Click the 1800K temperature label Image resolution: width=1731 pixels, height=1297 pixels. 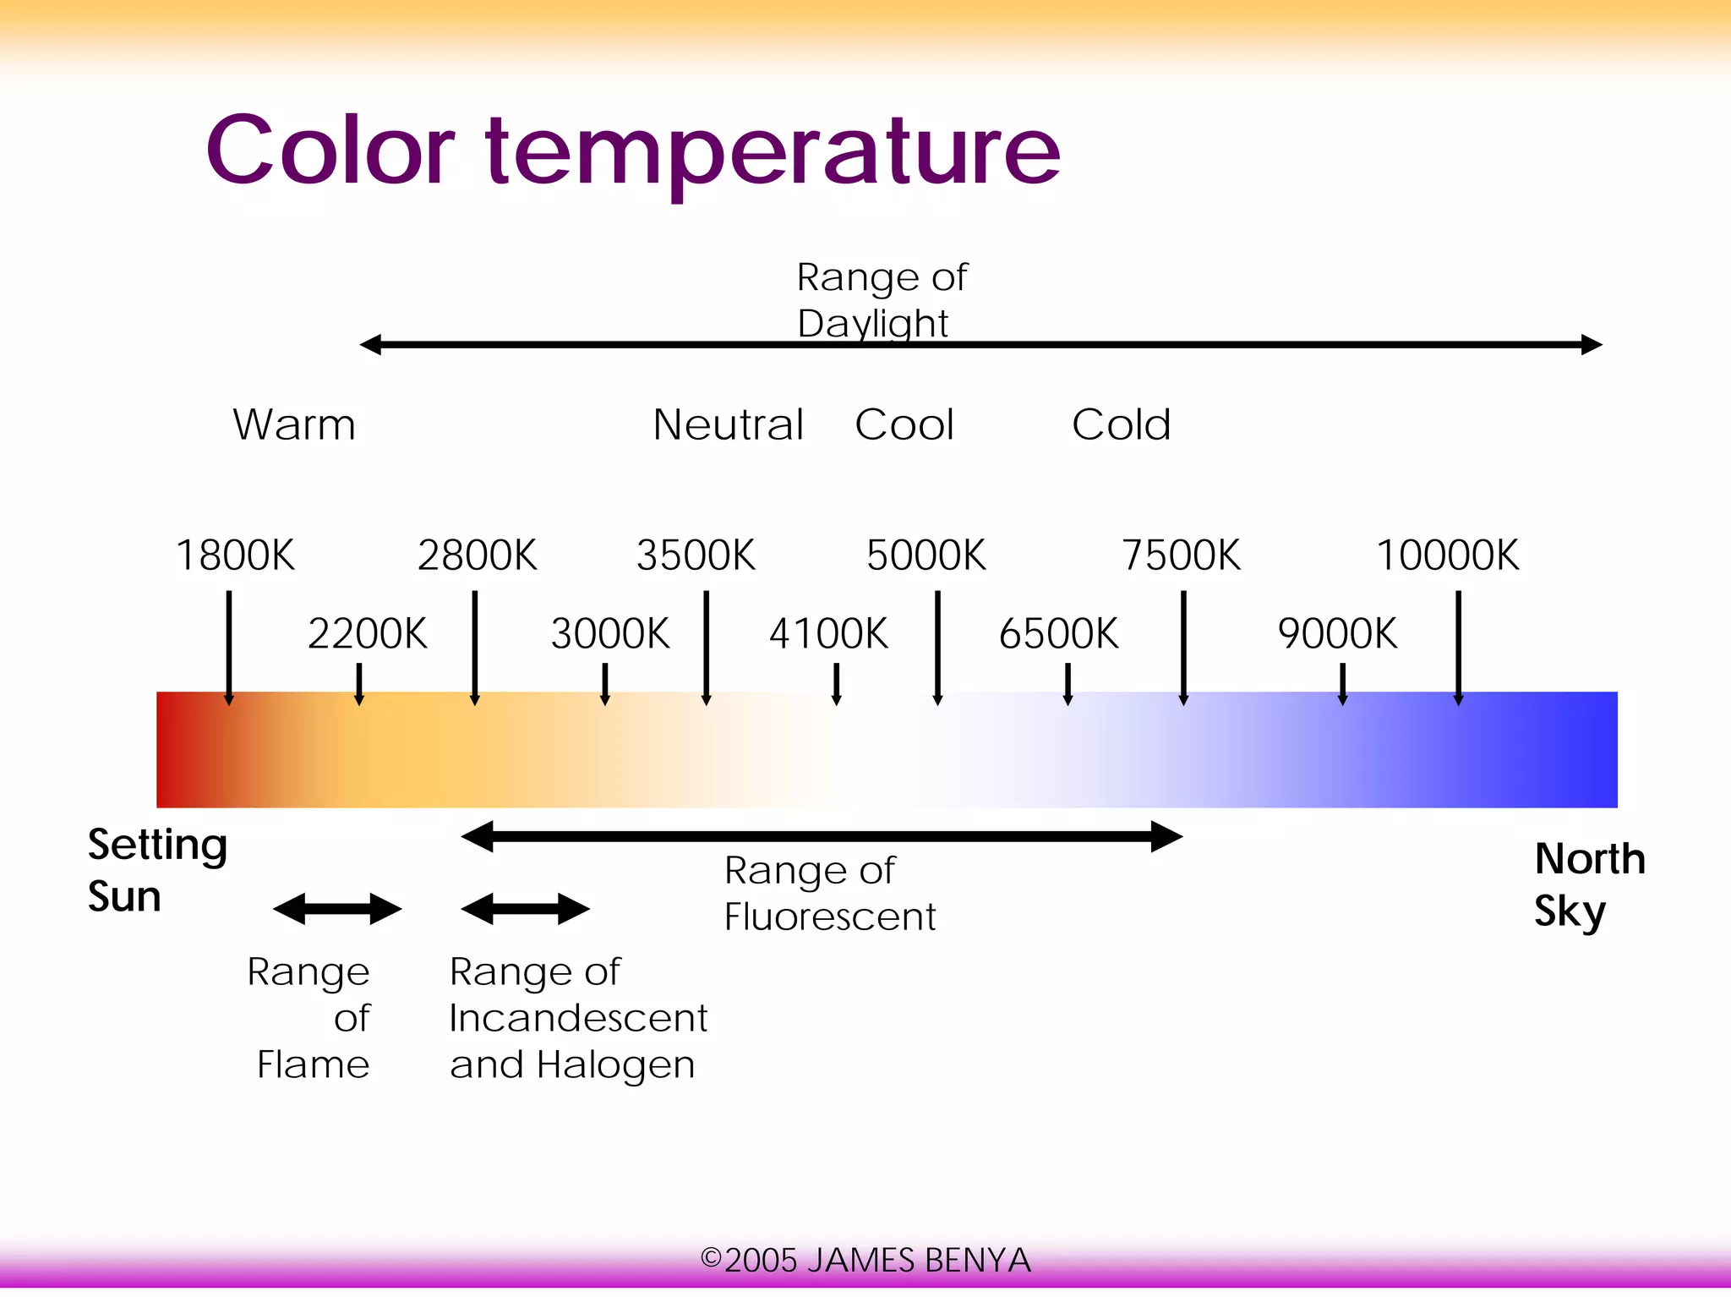(235, 555)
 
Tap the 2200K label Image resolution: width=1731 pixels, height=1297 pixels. (368, 633)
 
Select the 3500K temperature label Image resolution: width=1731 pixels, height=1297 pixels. (696, 555)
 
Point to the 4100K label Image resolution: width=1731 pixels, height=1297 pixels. (828, 633)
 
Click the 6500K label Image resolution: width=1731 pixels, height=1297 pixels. (1058, 633)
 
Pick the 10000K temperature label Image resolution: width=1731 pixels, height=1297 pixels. (1447, 555)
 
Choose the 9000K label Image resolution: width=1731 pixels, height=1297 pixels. (1337, 633)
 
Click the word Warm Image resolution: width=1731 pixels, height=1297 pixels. (294, 424)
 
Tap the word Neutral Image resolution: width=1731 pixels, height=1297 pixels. (728, 424)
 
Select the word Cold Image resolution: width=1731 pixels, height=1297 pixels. (1121, 424)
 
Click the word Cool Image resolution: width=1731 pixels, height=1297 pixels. (904, 424)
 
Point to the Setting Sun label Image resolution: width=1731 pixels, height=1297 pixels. (157, 870)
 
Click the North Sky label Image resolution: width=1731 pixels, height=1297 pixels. (1589, 884)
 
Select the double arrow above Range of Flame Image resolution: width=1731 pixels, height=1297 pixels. (337, 910)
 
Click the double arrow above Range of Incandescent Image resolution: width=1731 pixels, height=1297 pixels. (525, 910)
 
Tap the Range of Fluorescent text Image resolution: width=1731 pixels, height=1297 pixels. (829, 894)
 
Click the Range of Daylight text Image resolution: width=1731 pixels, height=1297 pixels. (881, 300)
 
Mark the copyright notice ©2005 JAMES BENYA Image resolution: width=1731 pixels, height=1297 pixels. (865, 1260)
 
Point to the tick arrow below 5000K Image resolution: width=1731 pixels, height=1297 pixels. (937, 648)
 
